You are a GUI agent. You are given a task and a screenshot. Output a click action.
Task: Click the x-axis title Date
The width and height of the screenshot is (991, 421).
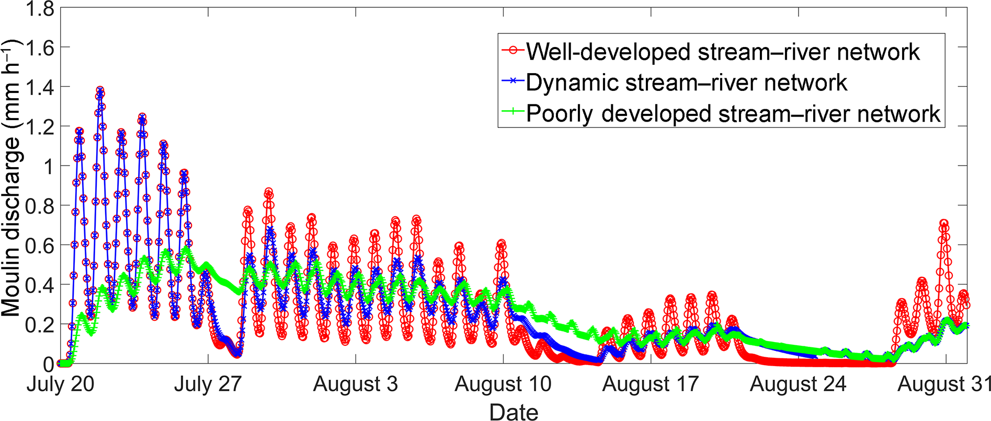pyautogui.click(x=514, y=412)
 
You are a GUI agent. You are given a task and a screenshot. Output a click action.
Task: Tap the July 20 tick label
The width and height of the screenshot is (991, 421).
pyautogui.click(x=60, y=384)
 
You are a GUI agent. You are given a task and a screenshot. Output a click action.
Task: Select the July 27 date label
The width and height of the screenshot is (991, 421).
pyautogui.click(x=208, y=384)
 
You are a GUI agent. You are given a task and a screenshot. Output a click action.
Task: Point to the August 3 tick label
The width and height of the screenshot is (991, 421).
pyautogui.click(x=355, y=384)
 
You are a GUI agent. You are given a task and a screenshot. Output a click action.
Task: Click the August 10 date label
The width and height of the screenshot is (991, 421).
pyautogui.click(x=503, y=384)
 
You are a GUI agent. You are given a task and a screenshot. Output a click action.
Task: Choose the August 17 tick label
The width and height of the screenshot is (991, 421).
pyautogui.click(x=650, y=384)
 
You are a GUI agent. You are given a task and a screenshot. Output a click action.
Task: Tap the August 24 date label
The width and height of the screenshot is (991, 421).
pyautogui.click(x=798, y=384)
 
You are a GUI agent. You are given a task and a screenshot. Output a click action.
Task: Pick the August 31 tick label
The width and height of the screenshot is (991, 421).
pyautogui.click(x=944, y=384)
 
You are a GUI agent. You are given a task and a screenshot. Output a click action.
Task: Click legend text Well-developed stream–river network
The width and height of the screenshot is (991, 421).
pyautogui.click(x=723, y=52)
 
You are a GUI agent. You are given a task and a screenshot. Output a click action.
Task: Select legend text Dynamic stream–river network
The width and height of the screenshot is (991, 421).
pyautogui.click(x=686, y=83)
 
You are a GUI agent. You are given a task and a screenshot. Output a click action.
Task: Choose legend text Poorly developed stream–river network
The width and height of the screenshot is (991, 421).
pyautogui.click(x=733, y=113)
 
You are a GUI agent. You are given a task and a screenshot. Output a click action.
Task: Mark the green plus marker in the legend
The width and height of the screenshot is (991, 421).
pyautogui.click(x=514, y=111)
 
